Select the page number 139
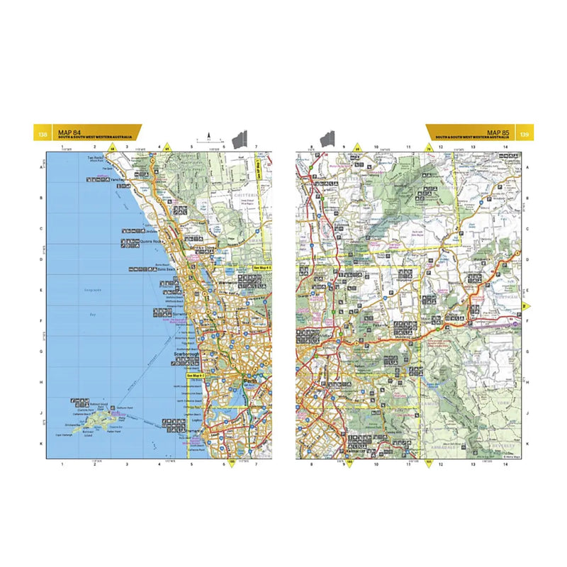[x=524, y=134]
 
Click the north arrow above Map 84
[x=209, y=135]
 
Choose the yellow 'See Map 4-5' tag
[x=262, y=268]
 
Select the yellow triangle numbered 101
[x=428, y=463]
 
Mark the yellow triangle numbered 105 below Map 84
[x=231, y=463]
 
